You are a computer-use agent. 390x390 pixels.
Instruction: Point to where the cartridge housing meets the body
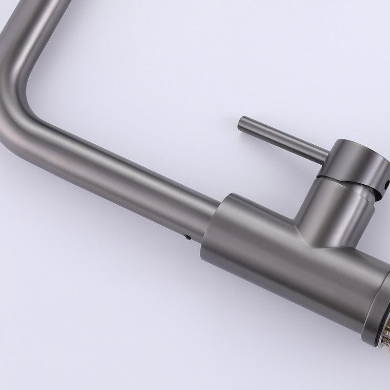[x=307, y=234]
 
